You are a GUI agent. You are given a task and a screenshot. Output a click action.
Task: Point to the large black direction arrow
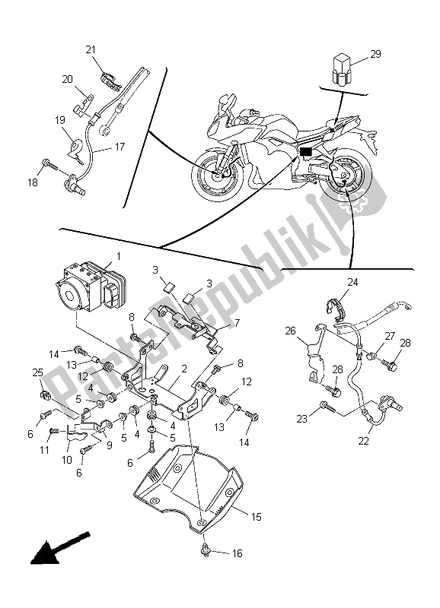[50, 549]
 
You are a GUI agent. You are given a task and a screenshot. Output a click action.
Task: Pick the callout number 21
[91, 50]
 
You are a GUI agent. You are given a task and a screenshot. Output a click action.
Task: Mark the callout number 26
[290, 331]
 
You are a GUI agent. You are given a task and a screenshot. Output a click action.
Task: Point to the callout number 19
[59, 119]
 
